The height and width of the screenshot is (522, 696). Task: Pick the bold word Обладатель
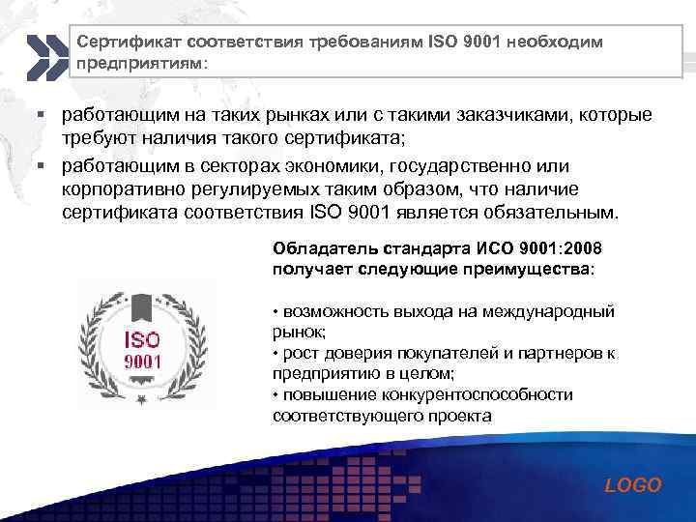click(317, 246)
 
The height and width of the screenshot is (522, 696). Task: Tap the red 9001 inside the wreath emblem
click(141, 362)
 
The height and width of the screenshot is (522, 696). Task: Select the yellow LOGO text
click(632, 485)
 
